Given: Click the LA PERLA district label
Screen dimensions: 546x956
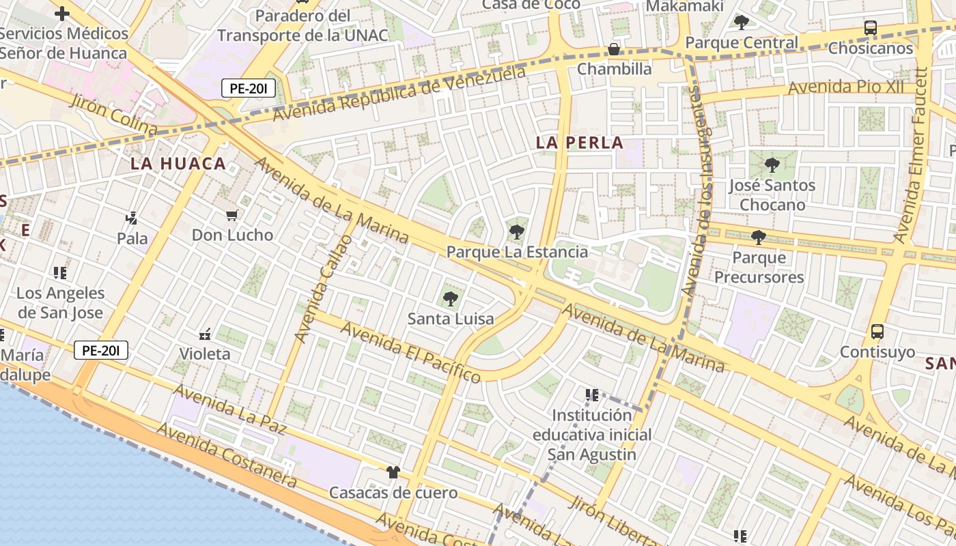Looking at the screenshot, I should (580, 143).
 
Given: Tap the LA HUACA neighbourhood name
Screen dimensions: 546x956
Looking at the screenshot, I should (178, 164).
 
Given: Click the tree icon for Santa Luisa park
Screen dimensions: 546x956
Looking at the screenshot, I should (450, 298).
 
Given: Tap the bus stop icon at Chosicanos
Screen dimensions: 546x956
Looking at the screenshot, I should (871, 28).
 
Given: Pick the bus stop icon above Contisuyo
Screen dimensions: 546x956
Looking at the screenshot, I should (877, 332).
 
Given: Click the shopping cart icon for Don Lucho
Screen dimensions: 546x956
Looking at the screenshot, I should (232, 216).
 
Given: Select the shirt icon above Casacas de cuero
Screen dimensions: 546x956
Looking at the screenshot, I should (393, 472).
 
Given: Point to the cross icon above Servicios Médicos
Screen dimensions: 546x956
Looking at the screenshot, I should (62, 13).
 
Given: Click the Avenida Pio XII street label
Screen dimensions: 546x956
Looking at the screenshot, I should (846, 88).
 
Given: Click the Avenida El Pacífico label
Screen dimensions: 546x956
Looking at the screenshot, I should (410, 351).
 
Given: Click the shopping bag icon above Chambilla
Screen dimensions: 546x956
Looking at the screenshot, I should (614, 50).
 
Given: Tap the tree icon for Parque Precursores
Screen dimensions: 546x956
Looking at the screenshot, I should (758, 238).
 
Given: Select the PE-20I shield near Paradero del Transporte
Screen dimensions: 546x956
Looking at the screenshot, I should (248, 88).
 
